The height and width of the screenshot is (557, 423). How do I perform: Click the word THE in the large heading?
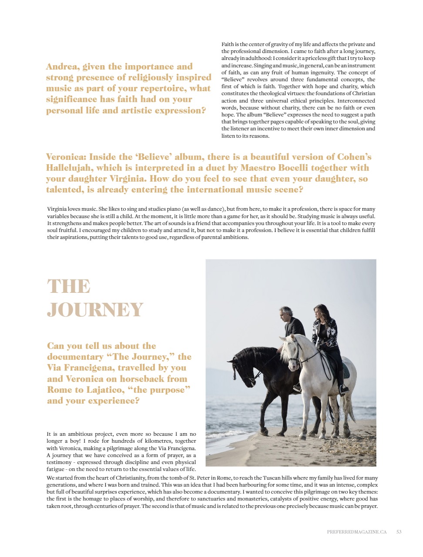(x=69, y=287)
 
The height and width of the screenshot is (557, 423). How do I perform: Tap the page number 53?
(x=399, y=532)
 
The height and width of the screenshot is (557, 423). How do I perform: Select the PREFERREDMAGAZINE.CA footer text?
(x=357, y=532)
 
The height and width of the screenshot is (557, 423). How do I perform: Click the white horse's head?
(x=291, y=348)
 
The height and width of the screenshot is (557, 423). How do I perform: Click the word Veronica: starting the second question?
(x=66, y=157)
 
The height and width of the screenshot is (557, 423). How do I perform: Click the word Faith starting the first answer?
(x=228, y=44)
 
